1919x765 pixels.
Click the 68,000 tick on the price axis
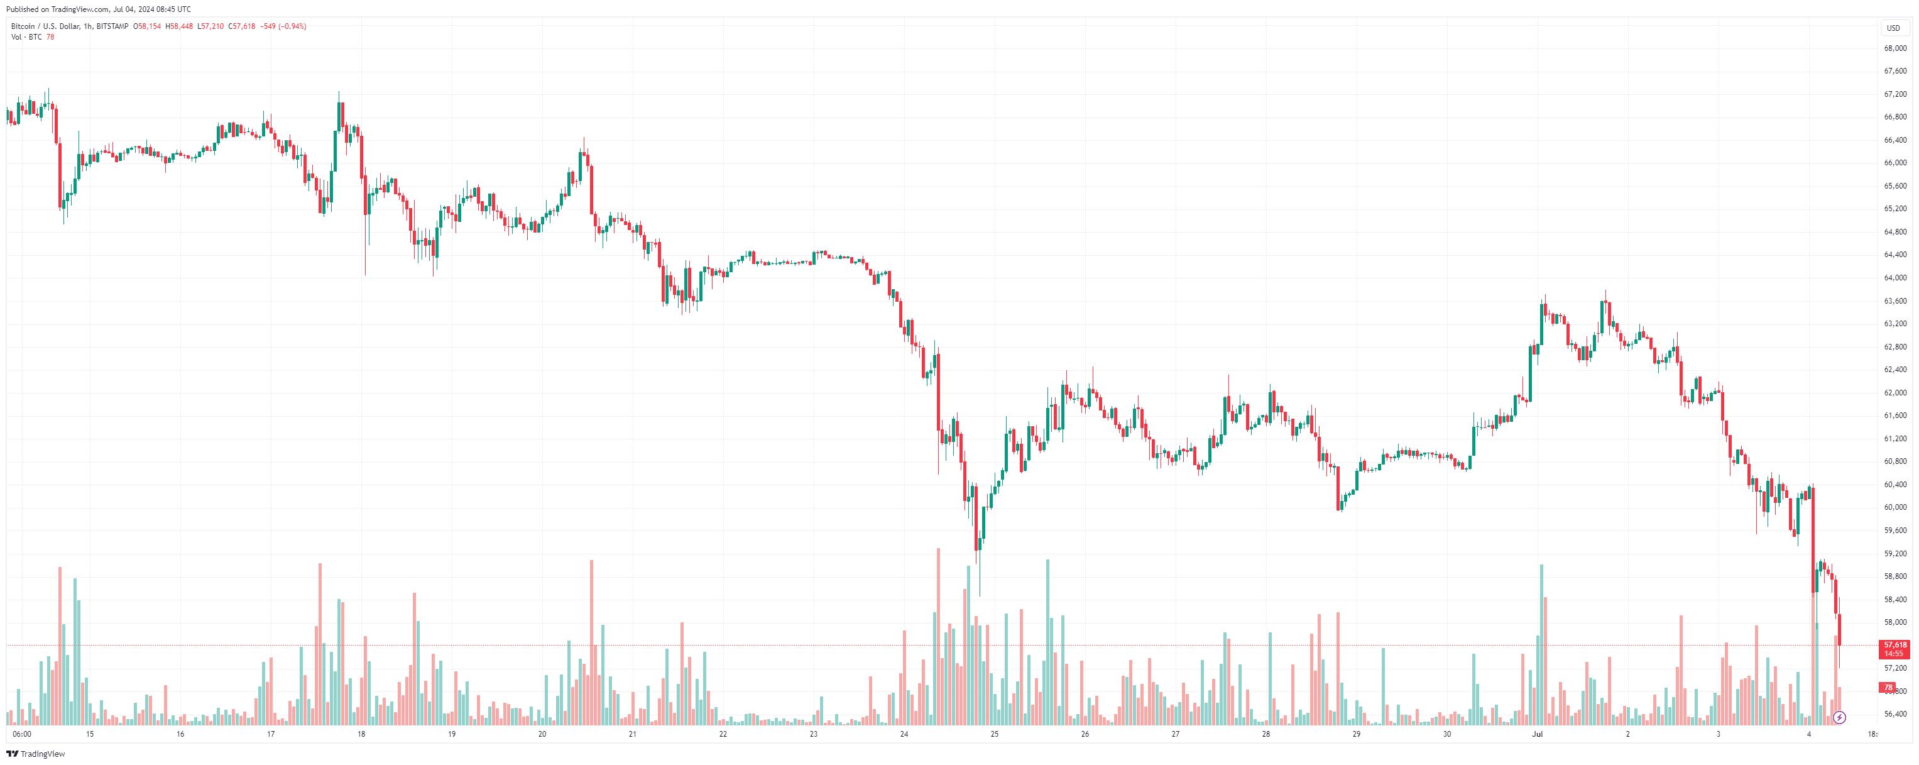click(1895, 48)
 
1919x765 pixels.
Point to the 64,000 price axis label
click(1895, 278)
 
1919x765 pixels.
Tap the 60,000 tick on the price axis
click(1895, 507)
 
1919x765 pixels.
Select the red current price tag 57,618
click(1895, 645)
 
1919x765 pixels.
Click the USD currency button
click(1893, 28)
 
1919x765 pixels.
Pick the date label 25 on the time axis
click(995, 734)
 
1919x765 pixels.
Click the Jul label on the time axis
click(1537, 734)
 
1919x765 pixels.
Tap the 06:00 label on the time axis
click(23, 734)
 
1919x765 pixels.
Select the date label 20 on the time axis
click(542, 734)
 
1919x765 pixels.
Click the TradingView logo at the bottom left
click(36, 754)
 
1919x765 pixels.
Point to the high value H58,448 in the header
click(179, 26)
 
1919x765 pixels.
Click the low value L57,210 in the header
click(210, 26)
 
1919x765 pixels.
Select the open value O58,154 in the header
click(148, 26)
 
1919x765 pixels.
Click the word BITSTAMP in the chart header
click(112, 26)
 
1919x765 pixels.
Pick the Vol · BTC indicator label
click(26, 36)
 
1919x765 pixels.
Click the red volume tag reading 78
click(1888, 688)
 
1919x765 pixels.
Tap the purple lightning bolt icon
click(1839, 718)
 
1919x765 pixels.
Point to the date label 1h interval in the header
click(88, 26)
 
